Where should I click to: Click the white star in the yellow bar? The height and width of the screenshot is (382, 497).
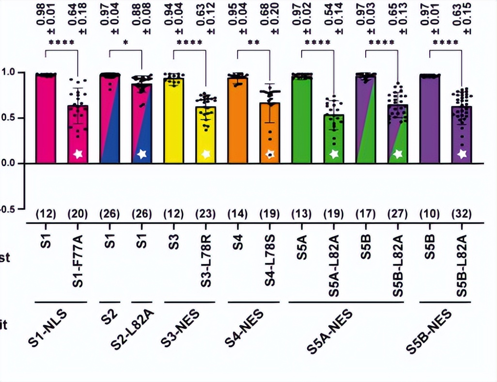point(206,154)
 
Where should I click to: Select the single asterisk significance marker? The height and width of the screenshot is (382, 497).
point(126,42)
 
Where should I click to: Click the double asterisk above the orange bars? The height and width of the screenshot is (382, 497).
point(254,42)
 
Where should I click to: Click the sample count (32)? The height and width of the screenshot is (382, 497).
point(462,214)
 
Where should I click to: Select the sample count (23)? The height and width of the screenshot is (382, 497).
point(206,214)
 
